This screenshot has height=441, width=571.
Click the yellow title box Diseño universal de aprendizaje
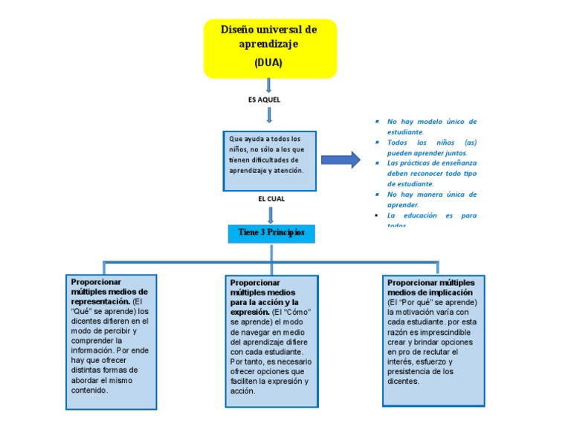[270, 48]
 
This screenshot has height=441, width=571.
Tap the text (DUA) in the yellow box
[268, 63]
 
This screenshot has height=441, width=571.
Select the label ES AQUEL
[264, 99]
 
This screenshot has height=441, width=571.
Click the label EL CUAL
[271, 199]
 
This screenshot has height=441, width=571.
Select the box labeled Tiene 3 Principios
[271, 233]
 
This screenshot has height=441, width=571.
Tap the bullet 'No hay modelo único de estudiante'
[431, 126]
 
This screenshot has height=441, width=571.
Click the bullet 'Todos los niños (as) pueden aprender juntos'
[431, 147]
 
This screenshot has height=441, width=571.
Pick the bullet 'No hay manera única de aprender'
[431, 199]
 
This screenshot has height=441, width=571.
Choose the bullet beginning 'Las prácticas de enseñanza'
[431, 172]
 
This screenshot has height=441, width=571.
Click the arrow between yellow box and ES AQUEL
[269, 85]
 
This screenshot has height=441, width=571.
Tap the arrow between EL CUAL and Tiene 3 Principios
[271, 215]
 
